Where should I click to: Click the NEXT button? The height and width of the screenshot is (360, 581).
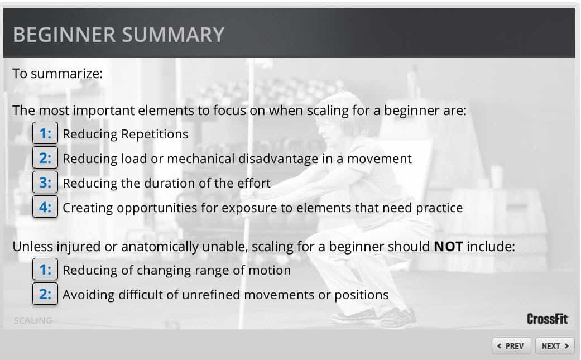pyautogui.click(x=555, y=346)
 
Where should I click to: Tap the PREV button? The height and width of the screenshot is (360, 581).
pyautogui.click(x=511, y=346)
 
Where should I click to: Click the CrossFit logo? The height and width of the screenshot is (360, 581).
pyautogui.click(x=548, y=319)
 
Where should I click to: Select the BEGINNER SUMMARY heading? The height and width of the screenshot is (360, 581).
pyautogui.click(x=118, y=35)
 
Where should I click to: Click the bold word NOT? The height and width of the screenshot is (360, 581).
pyautogui.click(x=448, y=246)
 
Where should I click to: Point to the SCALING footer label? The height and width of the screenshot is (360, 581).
pyautogui.click(x=33, y=320)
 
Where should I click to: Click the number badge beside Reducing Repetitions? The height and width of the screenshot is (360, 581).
pyautogui.click(x=45, y=133)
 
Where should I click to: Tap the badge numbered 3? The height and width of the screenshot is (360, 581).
pyautogui.click(x=45, y=182)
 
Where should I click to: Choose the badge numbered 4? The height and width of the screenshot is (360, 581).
pyautogui.click(x=45, y=207)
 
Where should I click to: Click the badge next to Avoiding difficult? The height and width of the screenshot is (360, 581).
pyautogui.click(x=45, y=294)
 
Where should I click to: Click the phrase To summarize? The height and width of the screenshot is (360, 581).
pyautogui.click(x=57, y=73)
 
